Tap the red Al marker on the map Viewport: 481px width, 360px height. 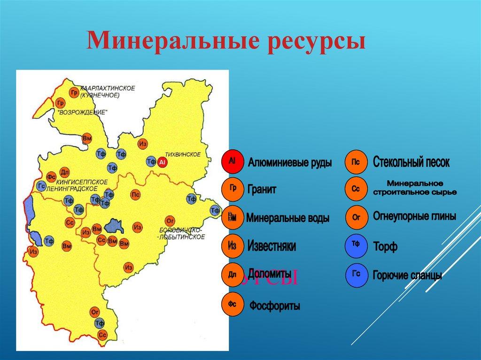tap(163, 162)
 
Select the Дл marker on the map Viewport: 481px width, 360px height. tap(65, 172)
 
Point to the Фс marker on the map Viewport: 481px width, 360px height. tap(52, 176)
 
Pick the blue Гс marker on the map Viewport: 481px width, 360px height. tap(41, 185)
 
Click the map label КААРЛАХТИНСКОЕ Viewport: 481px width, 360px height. tap(108, 88)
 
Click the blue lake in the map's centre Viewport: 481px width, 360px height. tap(114, 226)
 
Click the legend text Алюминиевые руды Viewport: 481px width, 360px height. tap(290, 163)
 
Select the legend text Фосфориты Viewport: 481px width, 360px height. tap(275, 306)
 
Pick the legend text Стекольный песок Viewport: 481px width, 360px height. tap(411, 162)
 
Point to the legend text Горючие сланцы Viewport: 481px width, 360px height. tap(407, 275)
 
